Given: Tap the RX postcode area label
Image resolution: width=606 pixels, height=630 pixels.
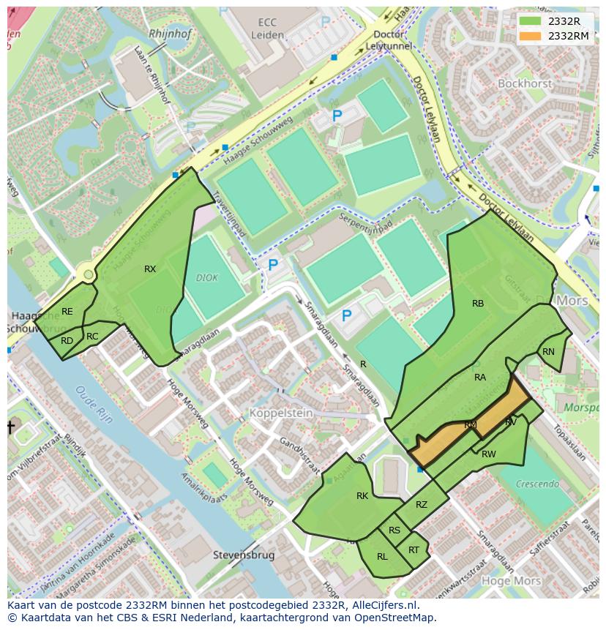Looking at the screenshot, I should click(150, 269).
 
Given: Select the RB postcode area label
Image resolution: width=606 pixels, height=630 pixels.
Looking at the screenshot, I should click(478, 304).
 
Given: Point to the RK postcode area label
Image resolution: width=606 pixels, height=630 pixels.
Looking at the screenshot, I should click(362, 496).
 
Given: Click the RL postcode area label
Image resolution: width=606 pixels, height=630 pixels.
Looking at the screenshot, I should click(382, 557).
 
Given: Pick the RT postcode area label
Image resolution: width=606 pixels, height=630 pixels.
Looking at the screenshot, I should click(414, 550).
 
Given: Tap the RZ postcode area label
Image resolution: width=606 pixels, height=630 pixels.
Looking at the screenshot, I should click(422, 505).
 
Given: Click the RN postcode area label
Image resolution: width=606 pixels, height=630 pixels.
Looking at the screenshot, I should click(548, 352).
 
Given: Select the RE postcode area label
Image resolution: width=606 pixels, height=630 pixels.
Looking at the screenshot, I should click(67, 312).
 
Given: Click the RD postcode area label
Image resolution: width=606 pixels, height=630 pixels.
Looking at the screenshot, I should click(67, 341).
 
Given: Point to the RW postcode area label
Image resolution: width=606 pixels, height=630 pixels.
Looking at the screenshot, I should click(489, 454).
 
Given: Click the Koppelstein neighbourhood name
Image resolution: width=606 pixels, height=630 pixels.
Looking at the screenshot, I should click(281, 413).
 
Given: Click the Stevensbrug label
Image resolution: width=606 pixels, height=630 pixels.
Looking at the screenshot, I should click(244, 555).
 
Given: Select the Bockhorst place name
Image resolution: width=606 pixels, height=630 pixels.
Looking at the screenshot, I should click(525, 84).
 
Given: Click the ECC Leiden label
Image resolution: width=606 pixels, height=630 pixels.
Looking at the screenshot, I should click(266, 28).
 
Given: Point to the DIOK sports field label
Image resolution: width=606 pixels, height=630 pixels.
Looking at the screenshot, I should click(207, 278).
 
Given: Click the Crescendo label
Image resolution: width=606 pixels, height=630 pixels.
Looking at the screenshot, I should click(537, 484).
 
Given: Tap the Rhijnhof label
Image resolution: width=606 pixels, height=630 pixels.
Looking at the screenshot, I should click(169, 34).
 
